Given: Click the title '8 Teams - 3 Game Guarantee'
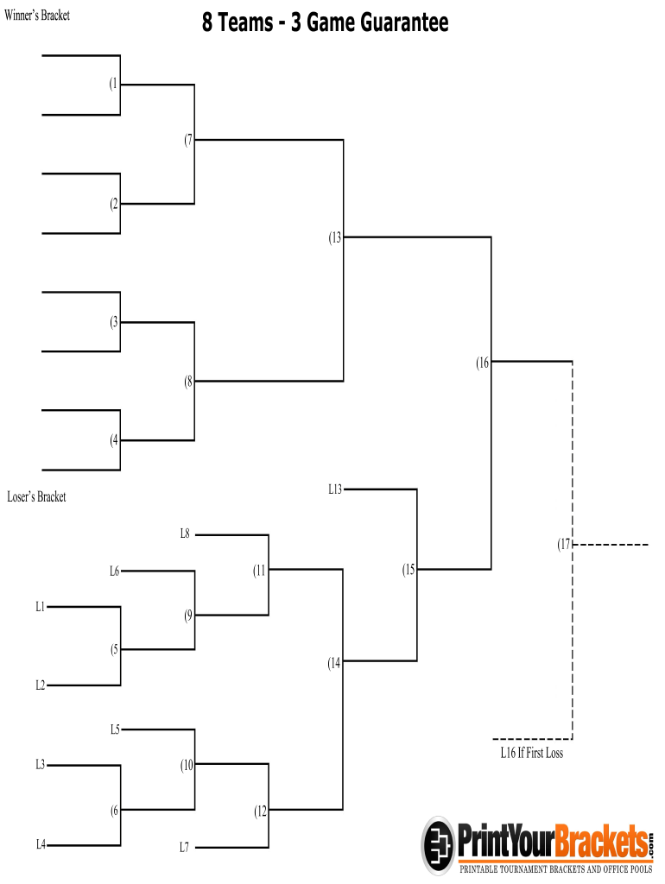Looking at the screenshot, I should coord(326,22).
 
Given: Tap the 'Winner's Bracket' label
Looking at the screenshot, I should coord(37,16).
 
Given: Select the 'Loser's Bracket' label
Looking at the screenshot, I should coord(36,497).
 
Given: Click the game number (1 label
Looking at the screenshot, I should coord(114,85).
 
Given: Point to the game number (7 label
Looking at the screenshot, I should coord(188,140).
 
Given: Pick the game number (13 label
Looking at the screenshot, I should coord(335,237).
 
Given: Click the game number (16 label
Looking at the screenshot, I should coord(483,363).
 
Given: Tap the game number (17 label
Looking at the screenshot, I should coord(564,545).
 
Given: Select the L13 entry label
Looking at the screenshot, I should coord(335,489).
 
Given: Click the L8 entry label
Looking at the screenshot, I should coord(185,534).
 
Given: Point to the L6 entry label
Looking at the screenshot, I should coord(114,571).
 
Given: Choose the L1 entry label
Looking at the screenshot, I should coord(40,607).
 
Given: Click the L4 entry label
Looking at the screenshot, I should coord(41,844).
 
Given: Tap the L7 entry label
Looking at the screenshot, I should coord(184,848).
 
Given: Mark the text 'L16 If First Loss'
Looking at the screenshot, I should coord(532,753).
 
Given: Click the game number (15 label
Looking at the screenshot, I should coord(408,570).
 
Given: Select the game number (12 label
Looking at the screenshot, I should coord(261,811).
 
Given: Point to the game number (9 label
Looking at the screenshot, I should coord(188,616).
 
